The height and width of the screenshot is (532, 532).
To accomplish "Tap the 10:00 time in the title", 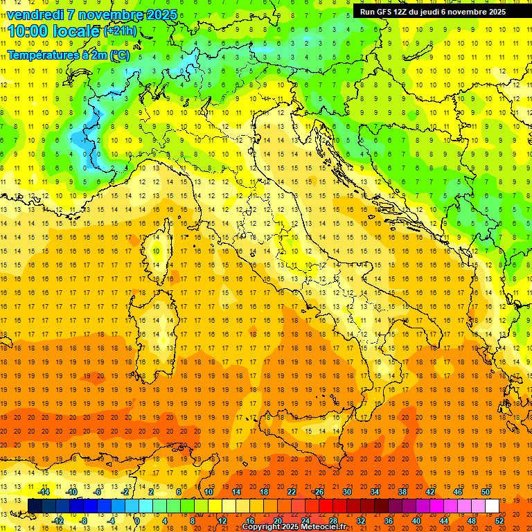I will pyautogui.click(x=28, y=31).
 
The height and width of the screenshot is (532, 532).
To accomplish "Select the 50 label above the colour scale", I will pyautogui.click(x=486, y=492).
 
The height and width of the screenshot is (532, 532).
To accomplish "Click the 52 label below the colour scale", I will pyautogui.click(x=499, y=521).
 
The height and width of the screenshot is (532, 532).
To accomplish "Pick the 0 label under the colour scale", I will pyautogui.click(x=138, y=521).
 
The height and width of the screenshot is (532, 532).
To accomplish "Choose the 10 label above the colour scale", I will pyautogui.click(x=209, y=492).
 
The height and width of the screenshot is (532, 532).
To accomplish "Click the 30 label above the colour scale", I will pyautogui.click(x=347, y=492).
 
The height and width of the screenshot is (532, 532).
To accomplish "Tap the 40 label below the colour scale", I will pyautogui.click(x=416, y=521).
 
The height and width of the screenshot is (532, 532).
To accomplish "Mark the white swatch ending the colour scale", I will pyautogui.click(x=492, y=506).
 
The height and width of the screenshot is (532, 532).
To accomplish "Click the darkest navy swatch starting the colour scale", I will pyautogui.click(x=35, y=506).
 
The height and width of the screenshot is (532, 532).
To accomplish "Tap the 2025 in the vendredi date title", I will pyautogui.click(x=161, y=15).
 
